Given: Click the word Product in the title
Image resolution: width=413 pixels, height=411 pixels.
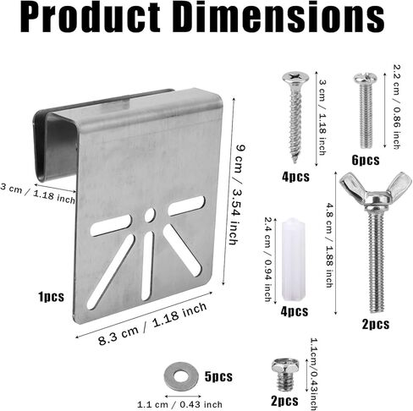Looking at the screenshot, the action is (91, 18).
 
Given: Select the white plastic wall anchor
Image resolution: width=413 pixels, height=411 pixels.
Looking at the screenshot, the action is (294, 259).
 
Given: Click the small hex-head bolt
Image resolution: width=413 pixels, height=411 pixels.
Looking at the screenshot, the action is (285, 375).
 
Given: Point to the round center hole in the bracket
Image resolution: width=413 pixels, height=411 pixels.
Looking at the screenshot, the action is (150, 216).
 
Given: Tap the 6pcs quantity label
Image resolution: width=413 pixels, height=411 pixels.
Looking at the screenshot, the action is (366, 160).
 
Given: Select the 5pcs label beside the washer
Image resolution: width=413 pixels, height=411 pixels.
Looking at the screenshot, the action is (218, 376).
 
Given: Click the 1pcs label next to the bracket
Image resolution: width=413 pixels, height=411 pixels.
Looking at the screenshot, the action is (51, 297).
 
